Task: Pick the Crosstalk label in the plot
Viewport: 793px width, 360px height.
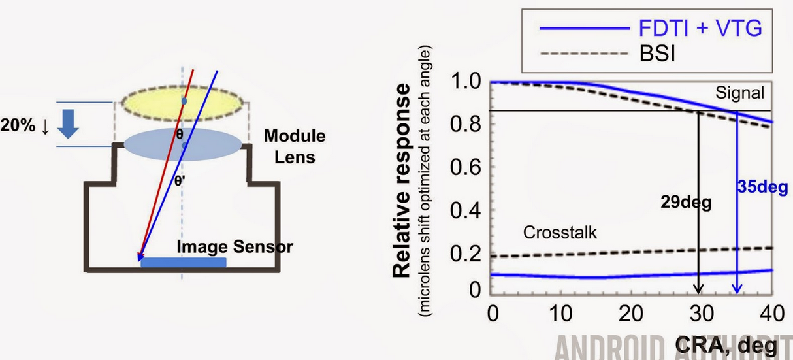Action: click(560, 232)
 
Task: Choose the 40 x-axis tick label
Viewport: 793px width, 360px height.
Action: click(771, 313)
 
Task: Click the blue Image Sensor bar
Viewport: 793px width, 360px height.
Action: click(184, 263)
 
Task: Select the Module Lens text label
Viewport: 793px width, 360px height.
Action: click(294, 146)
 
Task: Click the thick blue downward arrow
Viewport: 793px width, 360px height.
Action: click(69, 125)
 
